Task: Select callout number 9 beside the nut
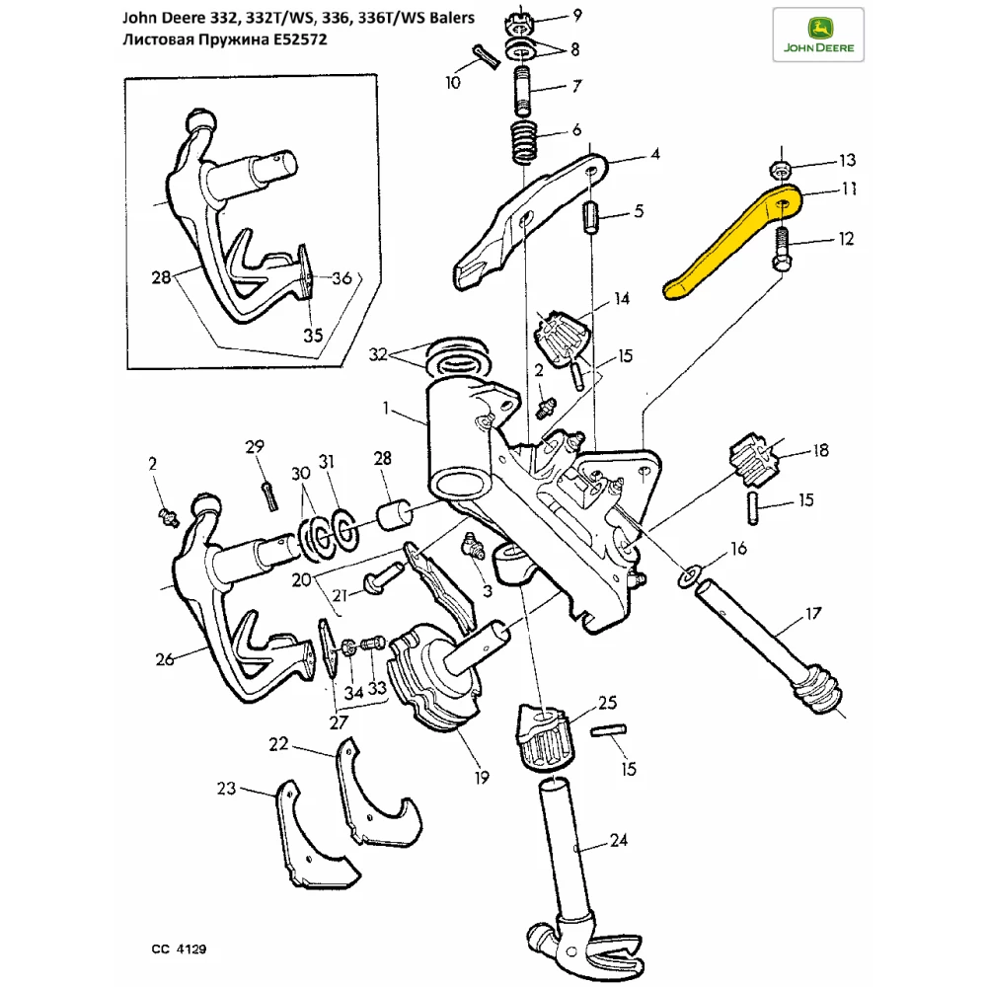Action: [576, 14]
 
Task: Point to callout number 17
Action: [812, 614]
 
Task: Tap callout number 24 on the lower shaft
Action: [618, 841]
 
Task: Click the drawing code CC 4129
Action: [179, 949]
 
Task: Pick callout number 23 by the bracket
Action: [227, 788]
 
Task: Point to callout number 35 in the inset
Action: [312, 336]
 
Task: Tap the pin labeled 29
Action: [267, 492]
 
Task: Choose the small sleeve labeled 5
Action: [593, 216]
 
